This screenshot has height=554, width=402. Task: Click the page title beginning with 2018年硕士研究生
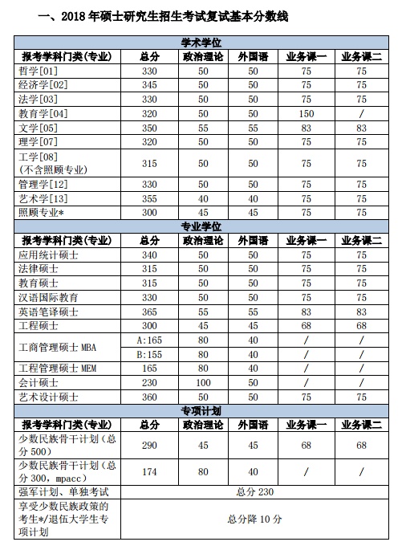pyautogui.click(x=156, y=16)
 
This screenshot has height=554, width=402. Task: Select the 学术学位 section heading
pyautogui.click(x=201, y=42)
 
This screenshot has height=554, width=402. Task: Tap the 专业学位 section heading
pyautogui.click(x=201, y=226)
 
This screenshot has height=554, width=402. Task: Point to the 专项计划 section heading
pyautogui.click(x=201, y=411)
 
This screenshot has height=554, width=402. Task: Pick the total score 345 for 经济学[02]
pyautogui.click(x=149, y=85)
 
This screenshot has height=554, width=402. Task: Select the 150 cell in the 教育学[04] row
pyautogui.click(x=306, y=114)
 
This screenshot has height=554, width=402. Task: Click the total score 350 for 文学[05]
pyautogui.click(x=149, y=128)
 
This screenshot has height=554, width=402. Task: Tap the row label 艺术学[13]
pyautogui.click(x=43, y=198)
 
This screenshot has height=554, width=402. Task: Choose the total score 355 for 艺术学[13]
pyautogui.click(x=149, y=198)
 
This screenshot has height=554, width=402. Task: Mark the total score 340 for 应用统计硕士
pyautogui.click(x=149, y=255)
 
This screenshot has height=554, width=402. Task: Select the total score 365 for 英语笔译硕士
pyautogui.click(x=149, y=312)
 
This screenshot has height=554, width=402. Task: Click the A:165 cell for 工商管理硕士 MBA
pyautogui.click(x=149, y=340)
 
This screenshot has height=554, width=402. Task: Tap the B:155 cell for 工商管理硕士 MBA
pyautogui.click(x=149, y=353)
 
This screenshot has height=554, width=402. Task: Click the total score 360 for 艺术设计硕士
pyautogui.click(x=149, y=397)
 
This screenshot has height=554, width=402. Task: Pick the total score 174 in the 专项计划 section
pyautogui.click(x=149, y=471)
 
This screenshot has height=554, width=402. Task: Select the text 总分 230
pyautogui.click(x=255, y=491)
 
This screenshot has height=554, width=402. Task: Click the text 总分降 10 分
pyautogui.click(x=255, y=519)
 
